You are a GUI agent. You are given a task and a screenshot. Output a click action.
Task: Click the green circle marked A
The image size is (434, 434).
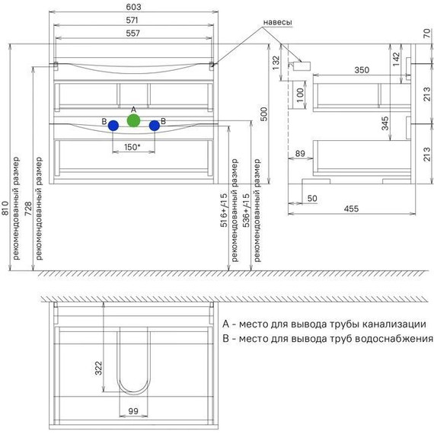(133, 120)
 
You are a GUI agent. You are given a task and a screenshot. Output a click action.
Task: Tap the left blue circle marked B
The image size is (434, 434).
(113, 126)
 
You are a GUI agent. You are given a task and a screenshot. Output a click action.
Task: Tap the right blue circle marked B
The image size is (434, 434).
(154, 126)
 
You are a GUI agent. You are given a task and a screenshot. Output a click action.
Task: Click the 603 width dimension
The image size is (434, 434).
(133, 7)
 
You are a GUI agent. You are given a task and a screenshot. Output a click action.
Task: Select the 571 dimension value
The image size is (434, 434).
(132, 21)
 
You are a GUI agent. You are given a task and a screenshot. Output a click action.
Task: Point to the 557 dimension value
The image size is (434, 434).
(132, 34)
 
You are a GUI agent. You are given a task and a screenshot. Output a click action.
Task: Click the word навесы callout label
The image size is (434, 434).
(277, 22)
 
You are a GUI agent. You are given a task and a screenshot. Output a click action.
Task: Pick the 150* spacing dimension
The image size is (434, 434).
(132, 147)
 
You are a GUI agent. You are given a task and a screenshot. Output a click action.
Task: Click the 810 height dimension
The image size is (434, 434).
(5, 208)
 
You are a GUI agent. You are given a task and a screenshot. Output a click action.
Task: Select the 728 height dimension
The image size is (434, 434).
(28, 209)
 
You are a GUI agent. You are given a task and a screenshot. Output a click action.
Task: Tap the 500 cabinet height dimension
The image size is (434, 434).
(264, 114)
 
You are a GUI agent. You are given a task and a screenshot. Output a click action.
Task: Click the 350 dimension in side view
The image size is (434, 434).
(362, 70)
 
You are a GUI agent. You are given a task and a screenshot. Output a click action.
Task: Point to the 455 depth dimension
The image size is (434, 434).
(351, 209)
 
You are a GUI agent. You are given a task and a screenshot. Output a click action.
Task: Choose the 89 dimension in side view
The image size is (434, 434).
(300, 153)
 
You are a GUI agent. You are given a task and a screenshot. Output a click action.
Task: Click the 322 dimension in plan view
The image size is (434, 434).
(98, 368)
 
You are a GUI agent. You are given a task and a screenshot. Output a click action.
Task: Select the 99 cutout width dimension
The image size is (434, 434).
(133, 411)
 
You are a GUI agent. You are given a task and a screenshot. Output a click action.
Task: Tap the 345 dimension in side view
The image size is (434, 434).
(385, 123)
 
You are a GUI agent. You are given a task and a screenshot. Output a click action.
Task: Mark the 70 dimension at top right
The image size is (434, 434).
(427, 34)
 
